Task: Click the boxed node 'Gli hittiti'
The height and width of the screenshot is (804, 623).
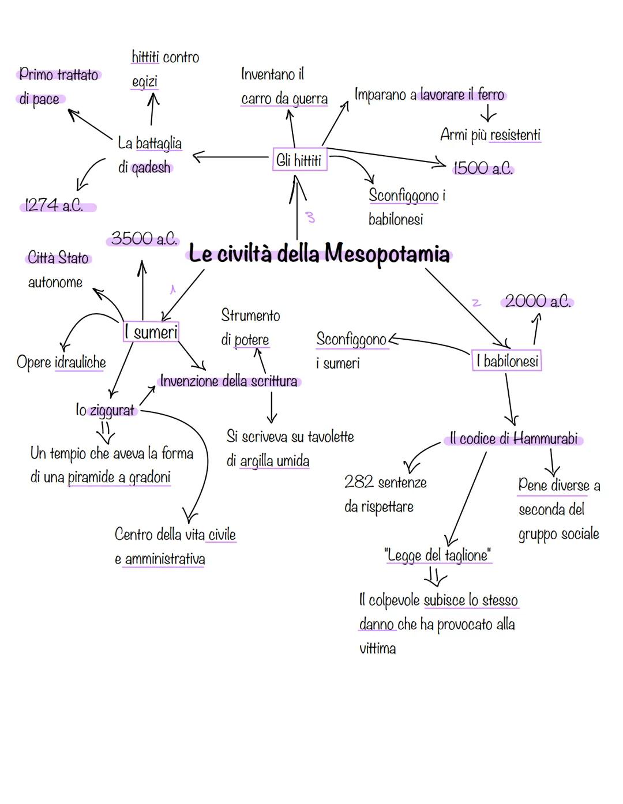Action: pos(299,160)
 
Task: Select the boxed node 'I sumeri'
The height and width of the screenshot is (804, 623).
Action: pos(151,332)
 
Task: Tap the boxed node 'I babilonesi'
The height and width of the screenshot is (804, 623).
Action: pos(507,361)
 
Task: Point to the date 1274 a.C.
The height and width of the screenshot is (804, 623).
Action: pos(54,205)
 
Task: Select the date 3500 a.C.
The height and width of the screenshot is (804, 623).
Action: pos(143,239)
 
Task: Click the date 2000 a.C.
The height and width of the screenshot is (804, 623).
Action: pos(537,301)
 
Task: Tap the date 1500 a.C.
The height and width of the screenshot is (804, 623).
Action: pos(482,168)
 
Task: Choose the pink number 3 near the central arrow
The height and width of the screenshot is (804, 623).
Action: pos(310,217)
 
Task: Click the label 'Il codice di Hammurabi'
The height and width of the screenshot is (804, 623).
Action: pos(513,439)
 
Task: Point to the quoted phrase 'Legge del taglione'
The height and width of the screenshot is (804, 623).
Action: pos(438,555)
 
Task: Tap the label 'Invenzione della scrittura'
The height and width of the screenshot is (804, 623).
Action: pos(228,381)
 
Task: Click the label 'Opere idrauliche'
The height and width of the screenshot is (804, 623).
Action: pos(61,362)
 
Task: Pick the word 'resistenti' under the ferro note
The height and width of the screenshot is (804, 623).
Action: pos(515,135)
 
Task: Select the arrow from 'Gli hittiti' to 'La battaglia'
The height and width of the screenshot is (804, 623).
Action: pos(231,156)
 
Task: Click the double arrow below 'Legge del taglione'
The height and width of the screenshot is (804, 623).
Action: pos(435,576)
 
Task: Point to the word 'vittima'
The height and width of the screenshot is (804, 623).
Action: pos(377,648)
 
